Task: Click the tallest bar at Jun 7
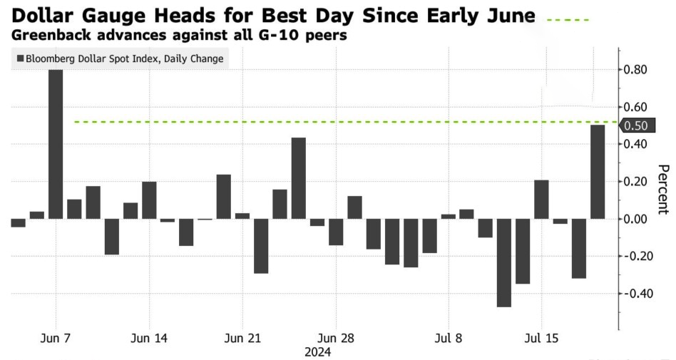point(56,144)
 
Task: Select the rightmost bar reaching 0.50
point(598,172)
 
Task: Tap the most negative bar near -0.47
point(504,262)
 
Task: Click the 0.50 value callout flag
point(637,125)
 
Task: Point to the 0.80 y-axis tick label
point(635,69)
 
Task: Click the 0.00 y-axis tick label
point(635,219)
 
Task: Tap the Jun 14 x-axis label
point(148,338)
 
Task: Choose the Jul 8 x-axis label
point(449,338)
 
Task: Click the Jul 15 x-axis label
point(541,338)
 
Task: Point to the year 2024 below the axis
point(318,352)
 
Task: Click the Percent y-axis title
point(663,190)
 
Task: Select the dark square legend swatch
point(20,58)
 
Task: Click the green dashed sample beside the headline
point(568,20)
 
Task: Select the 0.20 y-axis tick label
point(635,182)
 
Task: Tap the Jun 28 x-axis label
point(336,338)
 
